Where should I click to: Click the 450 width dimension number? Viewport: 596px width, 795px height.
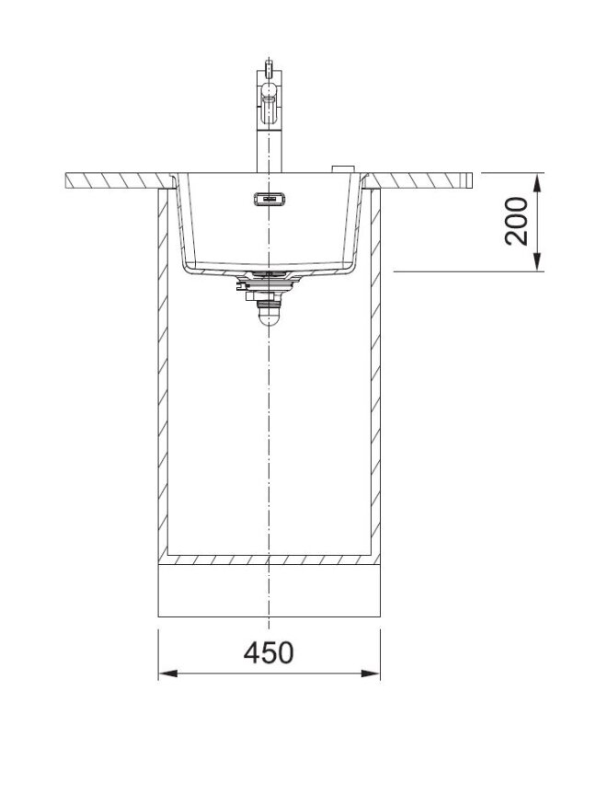pos(269,653)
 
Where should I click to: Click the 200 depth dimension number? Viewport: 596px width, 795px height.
pos(517,222)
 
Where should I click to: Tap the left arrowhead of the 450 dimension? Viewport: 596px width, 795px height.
pos(167,674)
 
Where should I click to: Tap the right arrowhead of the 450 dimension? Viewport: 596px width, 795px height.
pos(371,674)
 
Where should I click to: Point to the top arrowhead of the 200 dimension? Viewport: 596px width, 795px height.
pos(538,182)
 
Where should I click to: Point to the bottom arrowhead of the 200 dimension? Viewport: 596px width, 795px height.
pos(538,261)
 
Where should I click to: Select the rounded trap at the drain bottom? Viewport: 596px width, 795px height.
pos(269,317)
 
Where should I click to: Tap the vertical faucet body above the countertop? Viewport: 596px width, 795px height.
pos(269,151)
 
